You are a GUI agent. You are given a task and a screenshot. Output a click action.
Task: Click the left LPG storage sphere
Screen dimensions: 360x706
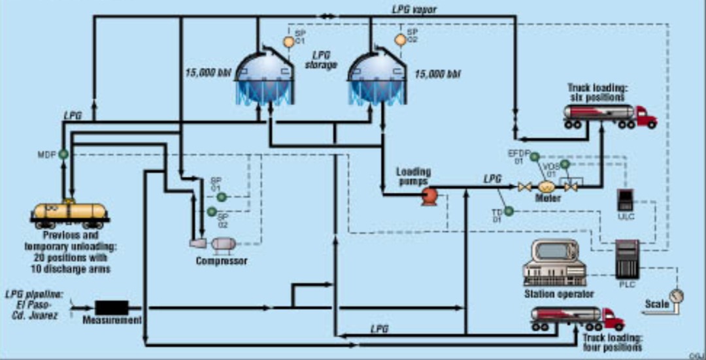click(263, 77)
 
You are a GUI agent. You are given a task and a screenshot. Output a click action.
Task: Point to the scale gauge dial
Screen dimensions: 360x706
click(677, 295)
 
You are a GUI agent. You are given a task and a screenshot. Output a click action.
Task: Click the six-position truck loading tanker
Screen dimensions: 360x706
click(609, 115)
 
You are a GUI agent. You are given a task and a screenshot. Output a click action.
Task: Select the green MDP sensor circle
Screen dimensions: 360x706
click(63, 154)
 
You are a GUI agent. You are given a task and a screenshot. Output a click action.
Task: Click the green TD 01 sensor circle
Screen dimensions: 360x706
click(509, 210)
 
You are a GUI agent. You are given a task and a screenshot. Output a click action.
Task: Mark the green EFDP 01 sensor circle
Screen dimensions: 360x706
click(534, 157)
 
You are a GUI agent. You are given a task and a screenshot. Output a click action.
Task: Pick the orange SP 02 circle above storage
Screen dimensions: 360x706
click(400, 39)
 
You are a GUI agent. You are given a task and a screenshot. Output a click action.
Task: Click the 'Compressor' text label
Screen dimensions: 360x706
click(222, 261)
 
